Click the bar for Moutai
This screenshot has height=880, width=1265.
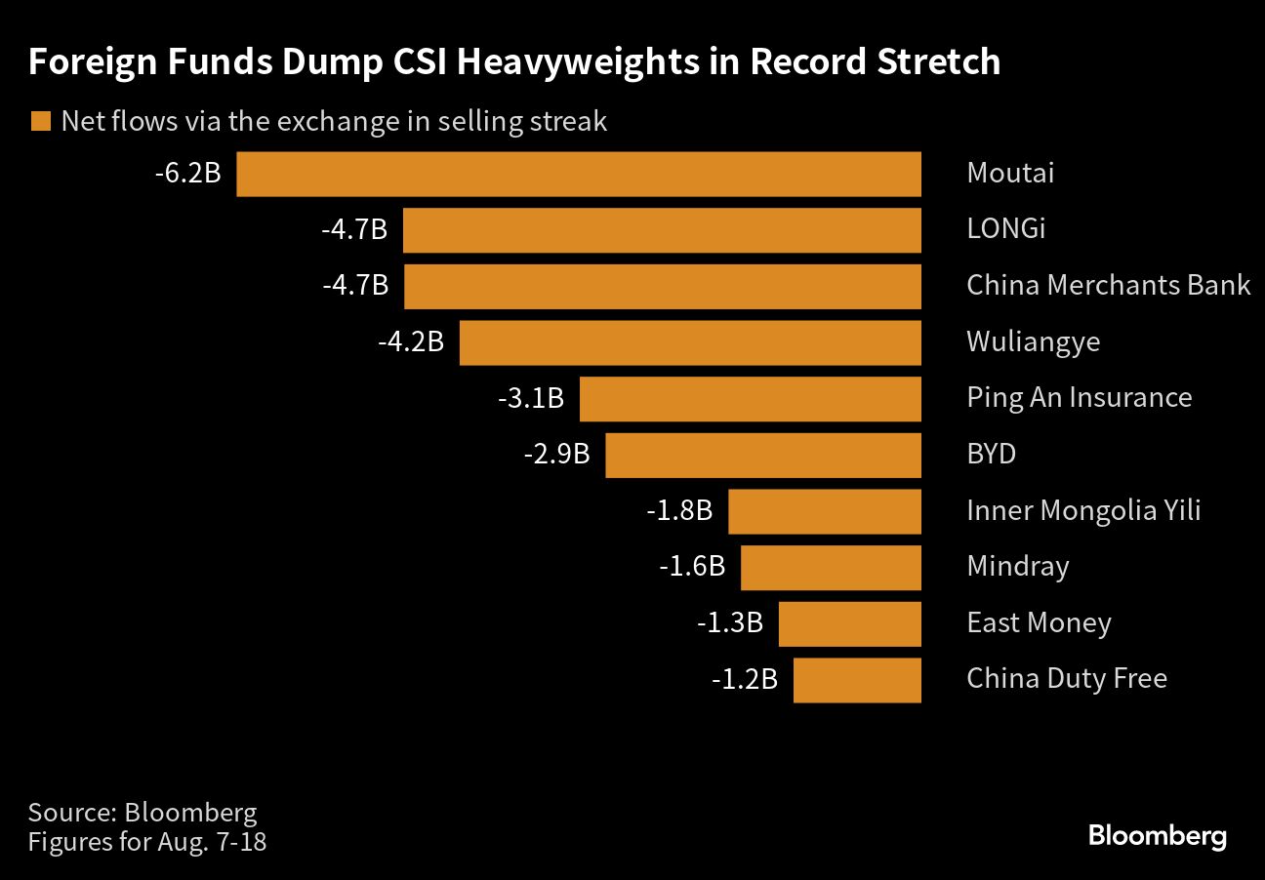tap(579, 175)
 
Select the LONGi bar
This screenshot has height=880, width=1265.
tap(662, 230)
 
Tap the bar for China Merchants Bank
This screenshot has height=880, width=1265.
tap(662, 286)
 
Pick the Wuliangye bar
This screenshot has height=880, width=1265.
tap(690, 342)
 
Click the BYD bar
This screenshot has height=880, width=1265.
tap(763, 455)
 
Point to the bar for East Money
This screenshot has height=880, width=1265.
tap(849, 623)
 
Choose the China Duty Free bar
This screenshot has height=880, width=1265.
tap(857, 680)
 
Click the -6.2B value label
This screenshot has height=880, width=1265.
tap(188, 175)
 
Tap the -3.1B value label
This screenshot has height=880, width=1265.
tap(531, 398)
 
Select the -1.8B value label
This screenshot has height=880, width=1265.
tap(679, 510)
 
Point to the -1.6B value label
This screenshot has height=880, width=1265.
tap(692, 567)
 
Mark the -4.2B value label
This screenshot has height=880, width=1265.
tap(411, 342)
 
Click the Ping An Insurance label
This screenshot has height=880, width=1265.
tap(1079, 398)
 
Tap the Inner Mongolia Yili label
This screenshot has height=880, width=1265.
tap(1083, 510)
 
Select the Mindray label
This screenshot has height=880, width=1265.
tap(1017, 567)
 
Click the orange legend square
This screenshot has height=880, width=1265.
tap(40, 122)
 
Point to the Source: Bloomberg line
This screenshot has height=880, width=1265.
tap(143, 812)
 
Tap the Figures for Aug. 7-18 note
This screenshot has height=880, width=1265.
tap(147, 841)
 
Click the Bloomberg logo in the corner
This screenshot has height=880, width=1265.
tap(1157, 836)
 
